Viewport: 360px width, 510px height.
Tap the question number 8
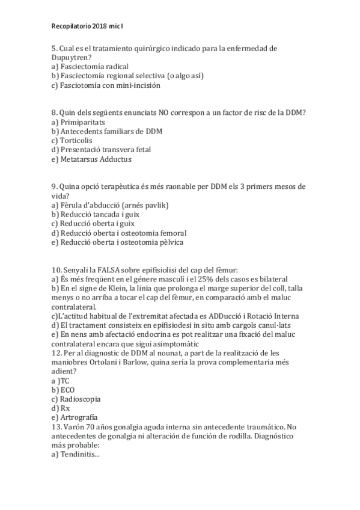point(54,112)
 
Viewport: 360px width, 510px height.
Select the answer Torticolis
point(75,140)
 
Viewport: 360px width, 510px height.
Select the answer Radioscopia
point(79,399)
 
